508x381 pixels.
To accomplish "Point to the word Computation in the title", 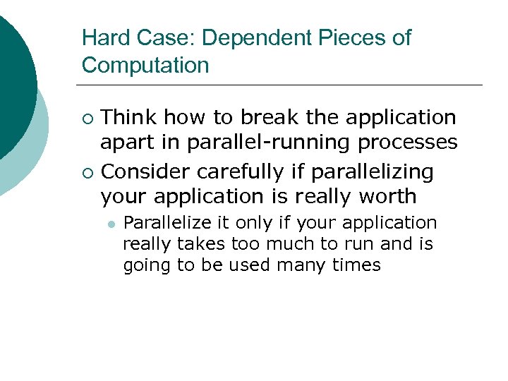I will click(x=145, y=66).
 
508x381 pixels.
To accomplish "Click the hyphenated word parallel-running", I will click(x=269, y=143).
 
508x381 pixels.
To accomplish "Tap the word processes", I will click(x=408, y=143).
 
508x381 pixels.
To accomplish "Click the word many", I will click(x=300, y=265).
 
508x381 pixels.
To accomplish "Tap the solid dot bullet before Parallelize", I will click(x=111, y=224).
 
